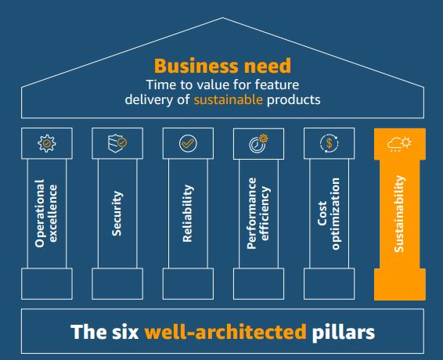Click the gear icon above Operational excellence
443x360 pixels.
point(47,143)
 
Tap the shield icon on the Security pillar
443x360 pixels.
point(117,143)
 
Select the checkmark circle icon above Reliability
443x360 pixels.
point(188,143)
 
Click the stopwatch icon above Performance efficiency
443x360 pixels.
point(258,143)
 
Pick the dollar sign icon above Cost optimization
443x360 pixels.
point(330,143)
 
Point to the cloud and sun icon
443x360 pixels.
point(399,144)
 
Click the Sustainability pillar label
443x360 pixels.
point(399,214)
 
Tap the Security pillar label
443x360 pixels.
point(117,214)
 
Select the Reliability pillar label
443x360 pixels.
point(188,214)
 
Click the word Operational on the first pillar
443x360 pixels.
point(40,214)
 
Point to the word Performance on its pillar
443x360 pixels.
point(251,214)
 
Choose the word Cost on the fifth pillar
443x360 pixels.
point(322,214)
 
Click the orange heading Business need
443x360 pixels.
point(222,66)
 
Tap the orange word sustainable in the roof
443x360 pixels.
point(228,99)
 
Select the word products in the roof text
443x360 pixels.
point(294,99)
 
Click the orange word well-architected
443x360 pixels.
point(225,332)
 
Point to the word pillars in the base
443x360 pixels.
point(344,332)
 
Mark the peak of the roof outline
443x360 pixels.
point(222,18)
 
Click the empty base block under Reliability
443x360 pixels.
point(188,284)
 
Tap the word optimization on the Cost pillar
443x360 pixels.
point(335,214)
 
